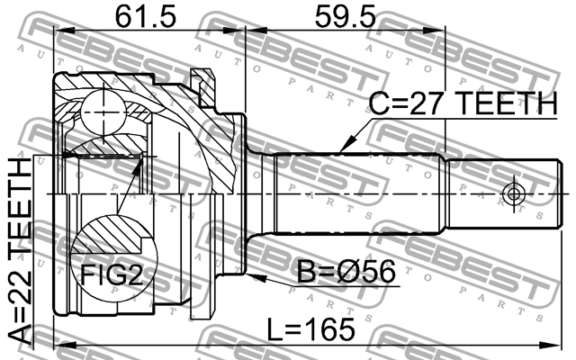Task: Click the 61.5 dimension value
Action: (x=146, y=16)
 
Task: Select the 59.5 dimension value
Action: (x=346, y=16)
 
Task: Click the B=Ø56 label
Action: (x=346, y=272)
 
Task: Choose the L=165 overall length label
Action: (x=310, y=329)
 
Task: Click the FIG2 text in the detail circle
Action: (x=112, y=275)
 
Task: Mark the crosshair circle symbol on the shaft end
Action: (x=513, y=193)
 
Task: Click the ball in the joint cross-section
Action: (x=104, y=112)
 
